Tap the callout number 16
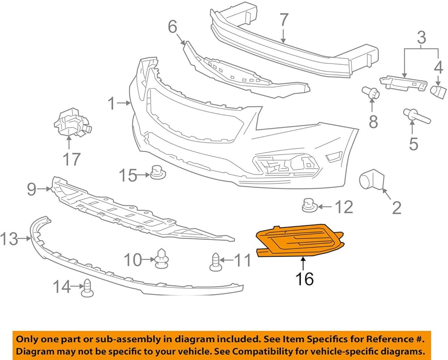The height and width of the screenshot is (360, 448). tap(304, 279)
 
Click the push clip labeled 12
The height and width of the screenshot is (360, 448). tap(310, 205)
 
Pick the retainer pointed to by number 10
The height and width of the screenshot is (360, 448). tap(162, 258)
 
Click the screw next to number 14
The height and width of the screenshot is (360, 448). tap(87, 288)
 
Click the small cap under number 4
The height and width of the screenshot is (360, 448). tap(438, 92)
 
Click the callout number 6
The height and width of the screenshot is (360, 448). tap(173, 27)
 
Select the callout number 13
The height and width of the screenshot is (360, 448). tap(9, 239)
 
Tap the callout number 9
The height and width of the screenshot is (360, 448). tap(32, 189)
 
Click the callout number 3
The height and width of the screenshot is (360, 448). tap(422, 38)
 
